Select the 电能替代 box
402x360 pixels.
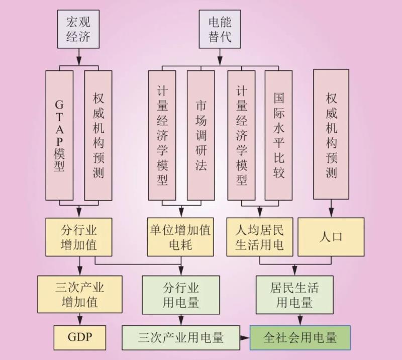[x=220, y=29]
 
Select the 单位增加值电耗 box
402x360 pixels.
[x=179, y=237]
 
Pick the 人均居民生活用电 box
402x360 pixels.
[x=259, y=237]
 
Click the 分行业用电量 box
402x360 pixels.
[x=180, y=294]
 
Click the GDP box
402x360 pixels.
[x=80, y=336]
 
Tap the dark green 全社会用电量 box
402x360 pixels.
[x=300, y=337]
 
